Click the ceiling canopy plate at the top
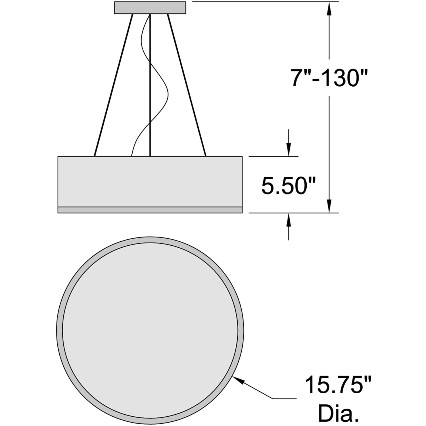click(150, 8)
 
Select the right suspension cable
click(187, 85)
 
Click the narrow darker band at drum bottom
click(150, 210)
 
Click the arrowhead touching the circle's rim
click(238, 379)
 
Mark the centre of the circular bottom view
click(150, 330)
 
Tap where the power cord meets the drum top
click(131, 155)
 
